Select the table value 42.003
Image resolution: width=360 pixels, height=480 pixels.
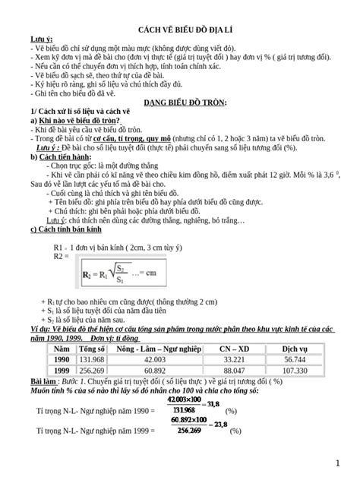pyautogui.click(x=154, y=359)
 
